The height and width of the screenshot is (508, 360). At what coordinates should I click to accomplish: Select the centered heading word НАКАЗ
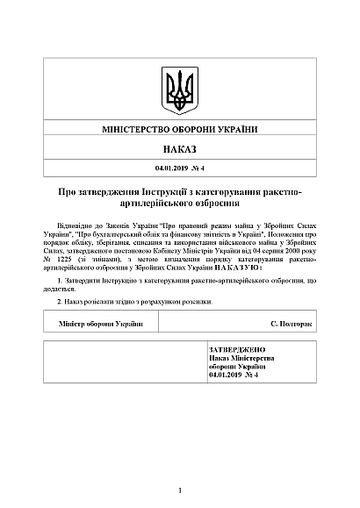pyautogui.click(x=179, y=150)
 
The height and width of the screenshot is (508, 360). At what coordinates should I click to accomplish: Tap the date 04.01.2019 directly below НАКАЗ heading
pyautogui.click(x=169, y=167)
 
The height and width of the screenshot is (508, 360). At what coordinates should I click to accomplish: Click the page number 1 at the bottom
pyautogui.click(x=179, y=490)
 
